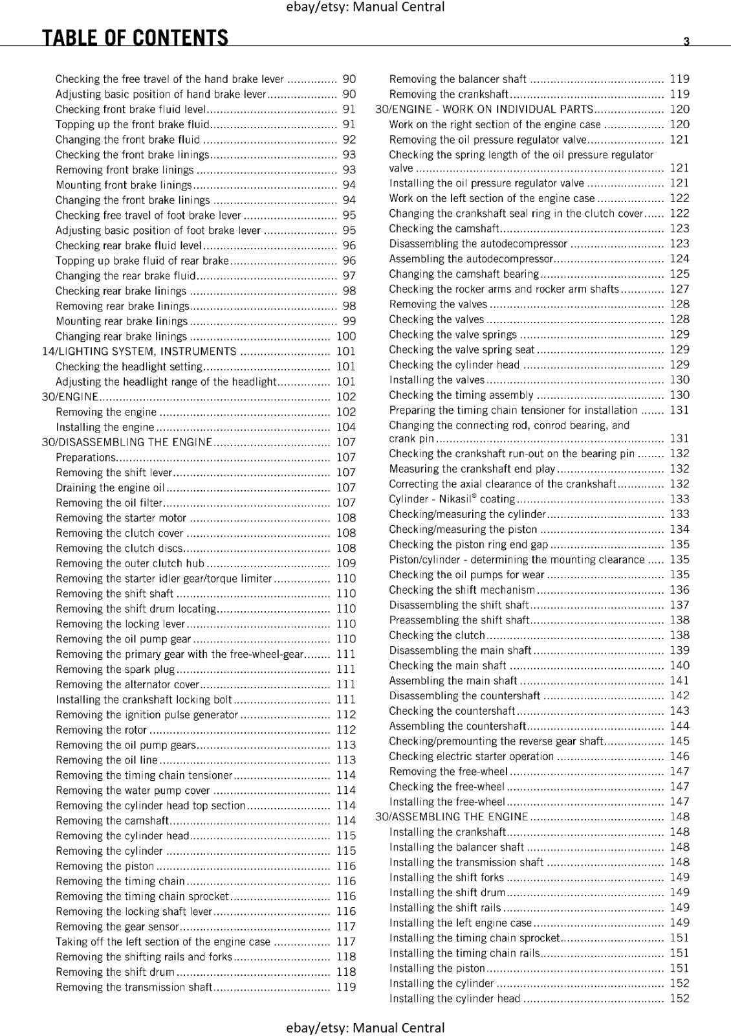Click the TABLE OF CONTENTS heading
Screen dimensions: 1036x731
135,38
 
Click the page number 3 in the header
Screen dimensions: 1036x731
686,41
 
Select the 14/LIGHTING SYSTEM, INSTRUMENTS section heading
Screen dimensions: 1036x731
139,352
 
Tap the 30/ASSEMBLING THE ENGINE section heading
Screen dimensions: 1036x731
452,817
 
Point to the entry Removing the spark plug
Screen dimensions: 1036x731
115,670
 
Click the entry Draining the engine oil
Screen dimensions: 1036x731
110,488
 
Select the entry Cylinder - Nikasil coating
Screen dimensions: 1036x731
452,499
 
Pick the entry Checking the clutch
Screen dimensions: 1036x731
437,636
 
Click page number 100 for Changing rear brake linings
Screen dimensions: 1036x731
346,337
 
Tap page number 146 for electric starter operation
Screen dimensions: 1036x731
679,756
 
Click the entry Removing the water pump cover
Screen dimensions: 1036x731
133,791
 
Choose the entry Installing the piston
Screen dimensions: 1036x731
437,969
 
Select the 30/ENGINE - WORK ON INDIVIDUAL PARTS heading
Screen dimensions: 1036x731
484,109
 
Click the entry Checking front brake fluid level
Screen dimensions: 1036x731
130,109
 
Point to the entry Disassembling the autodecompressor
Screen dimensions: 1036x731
477,244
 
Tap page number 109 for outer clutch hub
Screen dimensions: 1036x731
346,564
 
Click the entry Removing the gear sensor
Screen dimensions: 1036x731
116,927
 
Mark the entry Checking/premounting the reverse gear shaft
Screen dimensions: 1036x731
496,741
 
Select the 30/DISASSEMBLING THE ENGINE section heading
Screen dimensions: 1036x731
127,442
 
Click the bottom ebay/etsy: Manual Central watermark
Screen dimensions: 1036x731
365,1028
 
